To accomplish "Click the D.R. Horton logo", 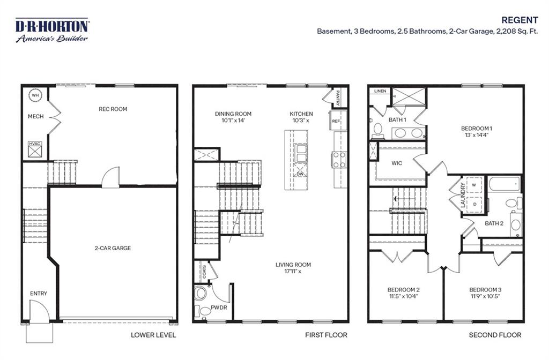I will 52,30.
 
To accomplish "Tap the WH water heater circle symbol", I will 35,95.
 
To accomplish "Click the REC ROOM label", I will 113,109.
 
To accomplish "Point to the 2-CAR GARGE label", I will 113,248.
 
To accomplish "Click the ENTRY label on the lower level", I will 39,294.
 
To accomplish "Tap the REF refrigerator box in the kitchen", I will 336,121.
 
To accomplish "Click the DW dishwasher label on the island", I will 300,174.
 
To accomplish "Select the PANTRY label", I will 338,98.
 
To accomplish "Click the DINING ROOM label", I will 233,114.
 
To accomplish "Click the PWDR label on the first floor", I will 218,308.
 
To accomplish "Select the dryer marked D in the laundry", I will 474,204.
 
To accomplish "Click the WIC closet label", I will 397,162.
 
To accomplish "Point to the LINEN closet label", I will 381,91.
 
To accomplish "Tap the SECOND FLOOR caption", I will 494,335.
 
